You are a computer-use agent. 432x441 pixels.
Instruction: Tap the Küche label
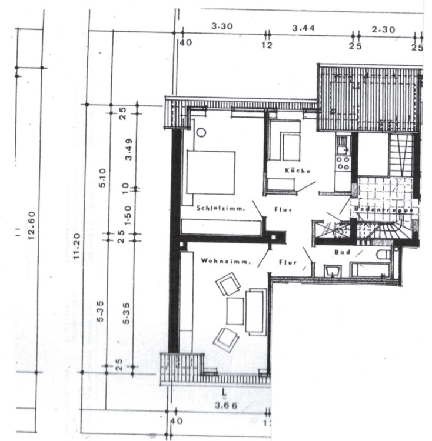coord(297,170)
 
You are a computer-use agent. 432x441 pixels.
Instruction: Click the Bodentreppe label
coord(377,209)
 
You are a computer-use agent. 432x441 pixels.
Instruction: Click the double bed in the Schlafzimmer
coord(211,172)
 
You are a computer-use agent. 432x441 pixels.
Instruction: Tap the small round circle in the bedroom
coord(201,132)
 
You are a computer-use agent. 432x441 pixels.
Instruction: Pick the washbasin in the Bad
coord(333,270)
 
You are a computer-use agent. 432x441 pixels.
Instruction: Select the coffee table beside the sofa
coord(235,310)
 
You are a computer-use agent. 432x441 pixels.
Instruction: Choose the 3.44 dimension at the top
coord(303,27)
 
